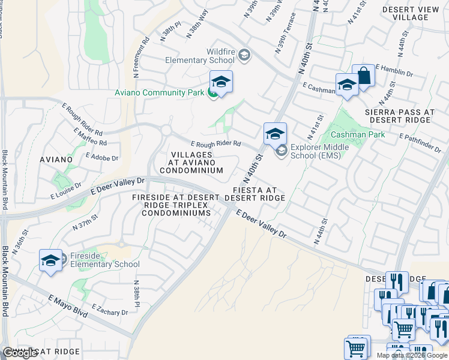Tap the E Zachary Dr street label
coord(109,310)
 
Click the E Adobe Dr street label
coord(102,157)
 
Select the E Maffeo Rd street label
coord(90,137)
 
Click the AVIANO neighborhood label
coord(56,160)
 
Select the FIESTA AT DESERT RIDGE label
coord(255,193)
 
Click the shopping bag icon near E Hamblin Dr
coord(363,76)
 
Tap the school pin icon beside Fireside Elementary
coord(51,260)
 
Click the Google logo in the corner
coord(20,353)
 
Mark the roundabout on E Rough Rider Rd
coord(166,130)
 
